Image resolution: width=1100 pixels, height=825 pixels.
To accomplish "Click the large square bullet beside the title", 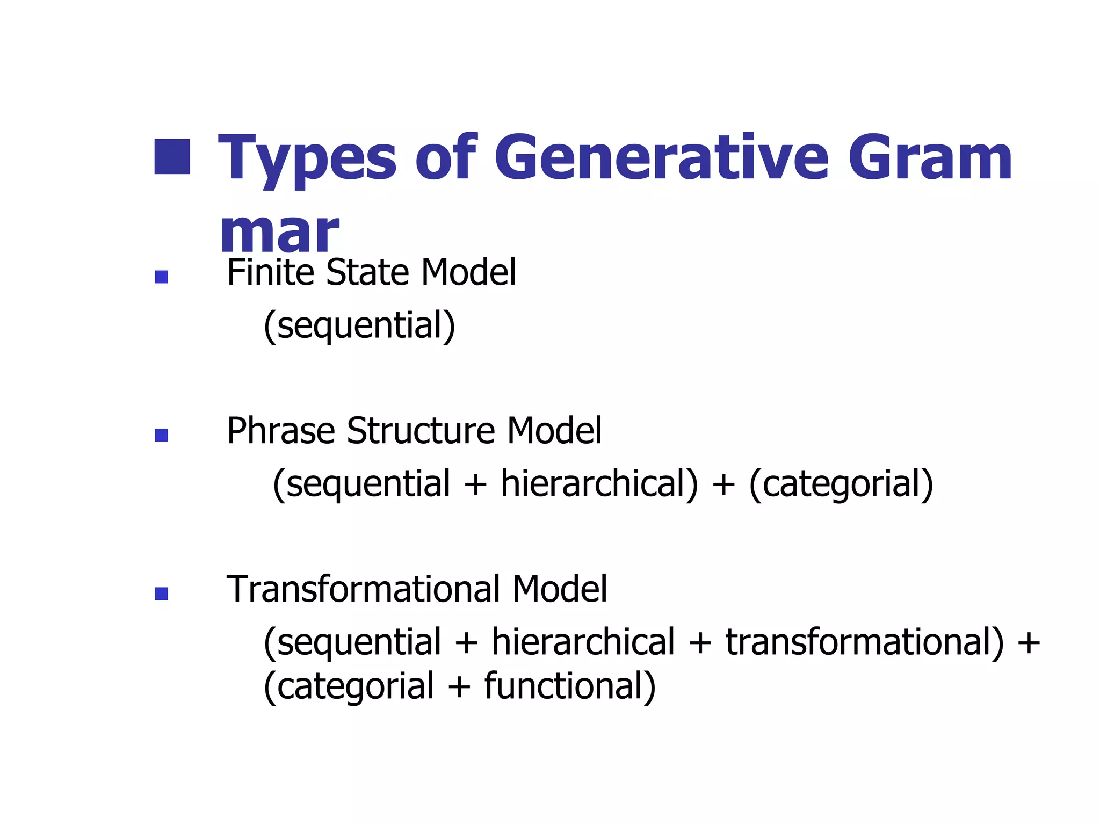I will pos(172,157).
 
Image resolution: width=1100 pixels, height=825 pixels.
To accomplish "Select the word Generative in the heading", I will pos(661,158).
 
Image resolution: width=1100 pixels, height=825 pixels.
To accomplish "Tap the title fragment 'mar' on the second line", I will pos(279,232).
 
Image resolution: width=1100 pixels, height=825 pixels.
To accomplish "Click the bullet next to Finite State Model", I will pos(161,277).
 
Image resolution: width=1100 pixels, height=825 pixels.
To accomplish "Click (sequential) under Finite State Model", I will pos(359,325).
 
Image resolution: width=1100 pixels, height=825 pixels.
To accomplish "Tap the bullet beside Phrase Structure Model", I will pos(161,435).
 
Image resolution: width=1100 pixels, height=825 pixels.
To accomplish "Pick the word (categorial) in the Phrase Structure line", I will pos(841,483).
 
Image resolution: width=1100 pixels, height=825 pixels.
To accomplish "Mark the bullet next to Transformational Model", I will pos(161,594).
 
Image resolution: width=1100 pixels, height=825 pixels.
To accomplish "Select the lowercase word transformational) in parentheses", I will pos(865,642).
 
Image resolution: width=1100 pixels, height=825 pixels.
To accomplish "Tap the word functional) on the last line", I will pos(570,686).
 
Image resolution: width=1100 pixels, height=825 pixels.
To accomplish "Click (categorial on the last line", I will pos(349,686).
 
